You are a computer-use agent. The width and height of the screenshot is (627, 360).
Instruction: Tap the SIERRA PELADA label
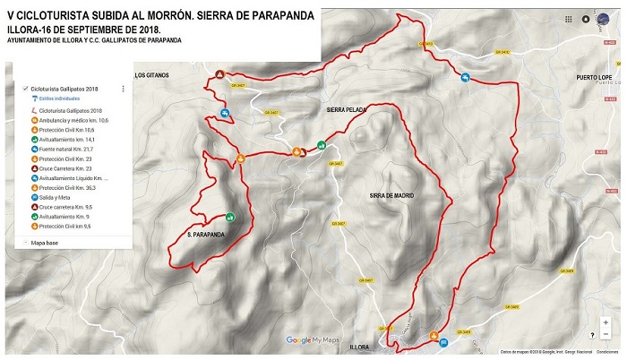pos(347,109)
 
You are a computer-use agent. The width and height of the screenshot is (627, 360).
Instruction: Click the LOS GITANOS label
pos(152,75)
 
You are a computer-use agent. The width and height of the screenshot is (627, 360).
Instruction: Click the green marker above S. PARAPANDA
pos(230,216)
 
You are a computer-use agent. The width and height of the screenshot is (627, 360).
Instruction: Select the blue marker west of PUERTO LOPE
pos(465,77)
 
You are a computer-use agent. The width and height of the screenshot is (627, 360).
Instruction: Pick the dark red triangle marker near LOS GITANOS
pos(219,74)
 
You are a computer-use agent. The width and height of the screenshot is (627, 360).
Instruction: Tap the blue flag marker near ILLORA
pos(434,335)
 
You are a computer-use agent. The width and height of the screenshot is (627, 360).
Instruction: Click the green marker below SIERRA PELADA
pos(321,145)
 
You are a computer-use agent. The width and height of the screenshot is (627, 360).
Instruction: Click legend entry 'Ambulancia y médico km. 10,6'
pos(73,119)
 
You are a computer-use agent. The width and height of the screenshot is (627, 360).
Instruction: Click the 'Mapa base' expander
pos(44,242)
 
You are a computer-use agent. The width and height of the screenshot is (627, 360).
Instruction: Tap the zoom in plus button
pos(606,321)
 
